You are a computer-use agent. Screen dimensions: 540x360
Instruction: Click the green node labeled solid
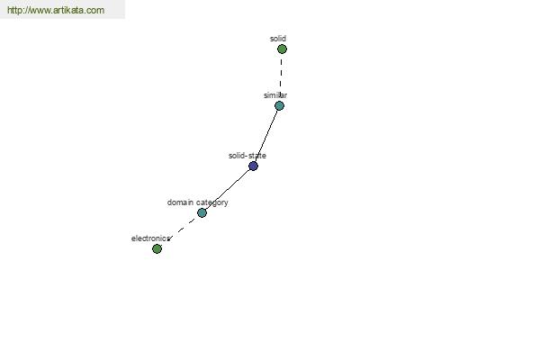click(x=282, y=49)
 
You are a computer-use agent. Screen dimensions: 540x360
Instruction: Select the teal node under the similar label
click(x=279, y=106)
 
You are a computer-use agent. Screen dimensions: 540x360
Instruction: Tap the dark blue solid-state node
click(x=253, y=166)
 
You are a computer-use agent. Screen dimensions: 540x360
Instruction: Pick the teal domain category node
click(x=202, y=213)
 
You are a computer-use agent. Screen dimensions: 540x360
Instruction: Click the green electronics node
click(x=157, y=248)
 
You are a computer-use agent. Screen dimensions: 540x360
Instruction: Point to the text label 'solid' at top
click(x=278, y=39)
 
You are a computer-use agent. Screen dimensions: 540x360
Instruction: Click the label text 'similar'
click(x=275, y=95)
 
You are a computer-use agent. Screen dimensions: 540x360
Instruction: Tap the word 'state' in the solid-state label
click(x=257, y=156)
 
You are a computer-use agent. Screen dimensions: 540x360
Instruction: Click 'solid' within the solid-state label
click(x=237, y=156)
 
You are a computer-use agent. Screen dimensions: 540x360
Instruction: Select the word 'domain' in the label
click(x=180, y=202)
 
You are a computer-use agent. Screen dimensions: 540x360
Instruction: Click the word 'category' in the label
click(x=212, y=202)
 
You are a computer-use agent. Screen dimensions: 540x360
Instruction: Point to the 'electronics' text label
click(x=150, y=238)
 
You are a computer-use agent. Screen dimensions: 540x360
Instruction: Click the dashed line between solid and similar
click(x=281, y=75)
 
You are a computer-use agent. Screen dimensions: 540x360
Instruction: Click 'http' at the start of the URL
click(x=13, y=10)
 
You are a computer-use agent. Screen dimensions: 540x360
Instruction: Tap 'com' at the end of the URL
click(x=95, y=10)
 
